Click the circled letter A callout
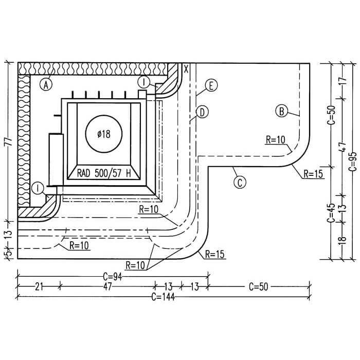pyautogui.click(x=46, y=85)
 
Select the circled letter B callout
pyautogui.click(x=281, y=112)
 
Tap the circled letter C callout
pyautogui.click(x=240, y=183)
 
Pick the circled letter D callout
pyautogui.click(x=202, y=113)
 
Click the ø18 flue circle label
pyautogui.click(x=104, y=134)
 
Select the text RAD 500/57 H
pyautogui.click(x=104, y=173)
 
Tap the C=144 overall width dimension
pyautogui.click(x=163, y=297)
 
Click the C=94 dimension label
pyautogui.click(x=112, y=277)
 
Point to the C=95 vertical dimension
pyautogui.click(x=352, y=161)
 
